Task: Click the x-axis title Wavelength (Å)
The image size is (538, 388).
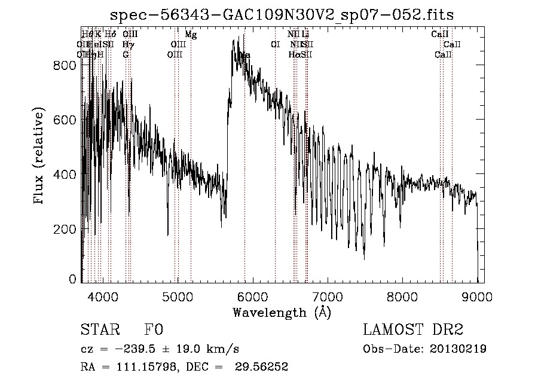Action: [x=282, y=312]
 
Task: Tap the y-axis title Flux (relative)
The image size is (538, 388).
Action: [x=40, y=157]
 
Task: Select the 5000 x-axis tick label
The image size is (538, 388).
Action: [x=178, y=296]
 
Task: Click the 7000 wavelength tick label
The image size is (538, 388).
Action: [x=328, y=296]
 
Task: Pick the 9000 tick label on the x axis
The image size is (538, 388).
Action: [x=476, y=296]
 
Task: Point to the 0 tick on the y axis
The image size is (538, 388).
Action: [x=73, y=279]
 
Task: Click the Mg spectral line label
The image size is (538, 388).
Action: [x=191, y=35]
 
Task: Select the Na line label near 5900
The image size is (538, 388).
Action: [x=244, y=56]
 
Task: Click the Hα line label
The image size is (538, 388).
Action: [x=294, y=55]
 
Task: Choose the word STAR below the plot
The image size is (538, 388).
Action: [x=95, y=330]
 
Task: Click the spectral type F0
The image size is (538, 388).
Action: [x=154, y=330]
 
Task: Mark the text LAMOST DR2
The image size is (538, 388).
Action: [x=413, y=330]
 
